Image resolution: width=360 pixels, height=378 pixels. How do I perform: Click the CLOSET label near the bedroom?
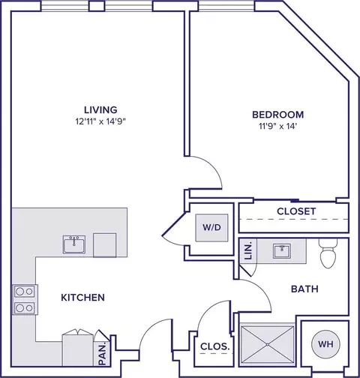[296, 211]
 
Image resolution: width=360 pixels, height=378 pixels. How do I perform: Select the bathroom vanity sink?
[282, 250]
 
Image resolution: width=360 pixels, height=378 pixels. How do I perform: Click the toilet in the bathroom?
[327, 255]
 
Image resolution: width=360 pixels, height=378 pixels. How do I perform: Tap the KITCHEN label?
[82, 298]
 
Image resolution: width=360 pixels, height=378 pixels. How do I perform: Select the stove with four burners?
[23, 298]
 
